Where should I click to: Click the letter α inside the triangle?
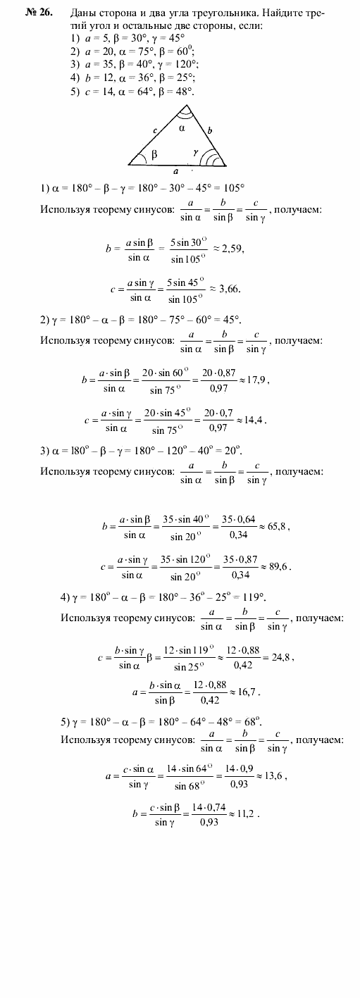[x=180, y=129]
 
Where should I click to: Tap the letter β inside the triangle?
[x=154, y=151]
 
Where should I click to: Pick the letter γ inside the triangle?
[x=195, y=151]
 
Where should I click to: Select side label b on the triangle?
[x=209, y=130]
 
